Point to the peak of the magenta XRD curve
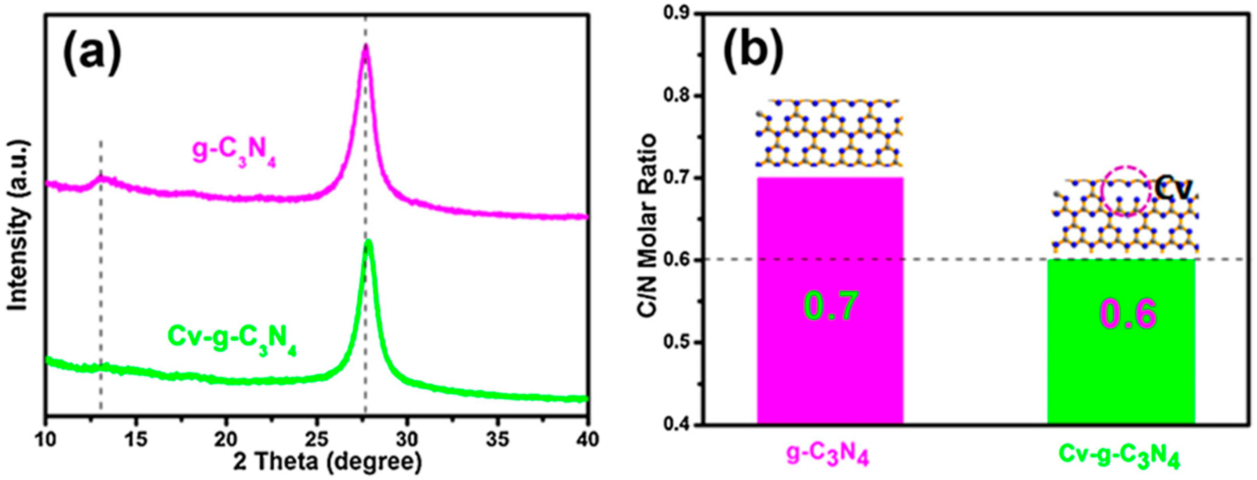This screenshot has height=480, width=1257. pos(365,46)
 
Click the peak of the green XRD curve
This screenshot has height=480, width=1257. pos(369,242)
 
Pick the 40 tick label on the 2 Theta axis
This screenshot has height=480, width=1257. pos(587,440)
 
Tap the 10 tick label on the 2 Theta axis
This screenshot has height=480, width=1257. pos(46,440)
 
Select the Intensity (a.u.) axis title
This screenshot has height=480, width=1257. pos(18,225)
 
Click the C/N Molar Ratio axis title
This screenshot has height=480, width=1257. pos(648,225)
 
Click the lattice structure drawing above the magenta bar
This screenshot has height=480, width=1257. pos(829,133)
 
